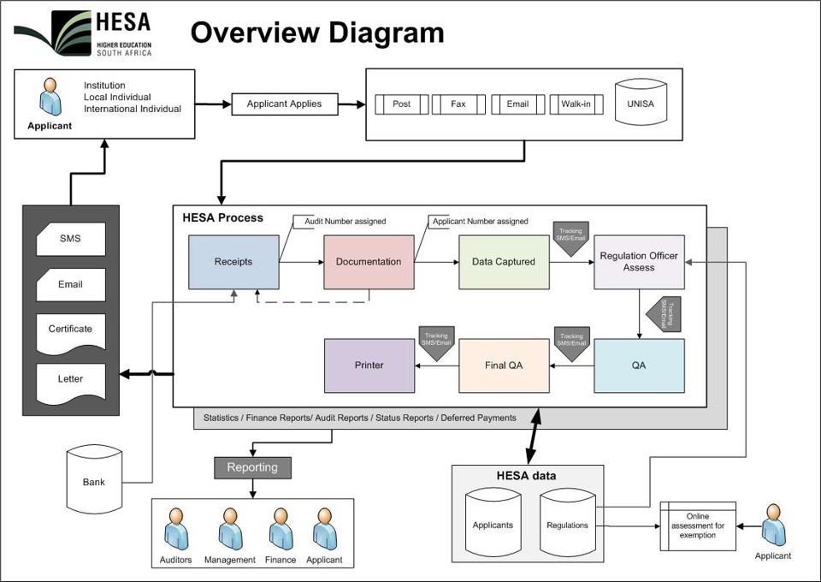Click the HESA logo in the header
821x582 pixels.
[84, 34]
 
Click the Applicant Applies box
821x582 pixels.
[284, 104]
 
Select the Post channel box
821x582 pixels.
[401, 104]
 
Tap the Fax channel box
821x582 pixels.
[458, 104]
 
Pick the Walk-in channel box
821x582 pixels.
[576, 104]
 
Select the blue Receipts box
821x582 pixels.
[233, 262]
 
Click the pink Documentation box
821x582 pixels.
[368, 262]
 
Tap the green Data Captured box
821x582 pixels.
[504, 262]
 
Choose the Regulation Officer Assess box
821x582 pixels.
[639, 262]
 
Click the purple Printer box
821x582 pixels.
[369, 365]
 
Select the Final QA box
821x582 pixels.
[504, 365]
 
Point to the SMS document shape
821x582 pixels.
[70, 239]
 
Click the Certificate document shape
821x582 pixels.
[70, 330]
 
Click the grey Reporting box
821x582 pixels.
[252, 467]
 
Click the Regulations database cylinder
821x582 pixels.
[567, 524]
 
